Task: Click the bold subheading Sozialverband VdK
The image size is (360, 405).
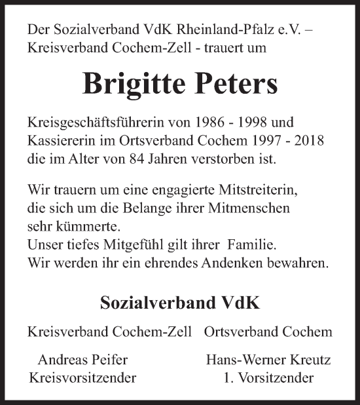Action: [179, 304]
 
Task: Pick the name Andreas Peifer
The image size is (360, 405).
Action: [82, 360]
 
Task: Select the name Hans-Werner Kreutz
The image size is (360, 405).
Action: [268, 360]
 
